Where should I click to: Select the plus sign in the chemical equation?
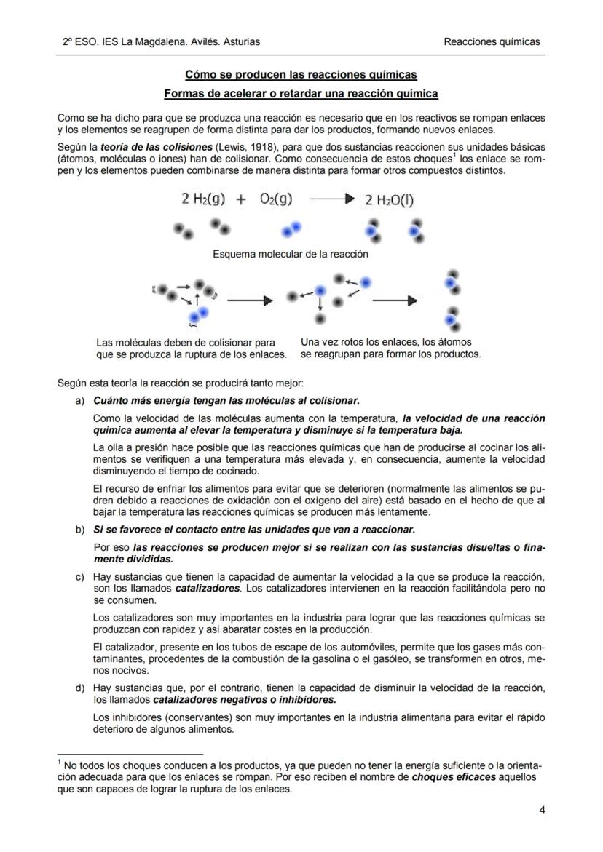(240, 200)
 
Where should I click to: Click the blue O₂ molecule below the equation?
(292, 230)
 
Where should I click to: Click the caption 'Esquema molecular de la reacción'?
(290, 255)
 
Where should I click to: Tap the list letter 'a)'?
(81, 401)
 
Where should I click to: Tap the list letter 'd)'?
(81, 688)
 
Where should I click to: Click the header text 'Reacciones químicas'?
(492, 41)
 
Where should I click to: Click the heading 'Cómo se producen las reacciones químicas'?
(301, 75)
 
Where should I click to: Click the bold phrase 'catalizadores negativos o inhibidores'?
(245, 700)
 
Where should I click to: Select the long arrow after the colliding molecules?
(249, 300)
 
